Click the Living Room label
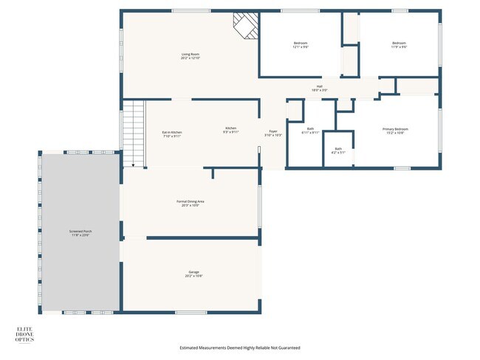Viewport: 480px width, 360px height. click(191, 56)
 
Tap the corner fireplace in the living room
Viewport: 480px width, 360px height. click(245, 25)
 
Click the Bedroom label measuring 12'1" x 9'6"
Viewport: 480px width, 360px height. click(300, 45)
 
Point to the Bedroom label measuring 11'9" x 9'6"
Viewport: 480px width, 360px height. click(400, 45)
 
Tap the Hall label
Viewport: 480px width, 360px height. click(320, 88)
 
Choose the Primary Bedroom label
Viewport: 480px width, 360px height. click(395, 131)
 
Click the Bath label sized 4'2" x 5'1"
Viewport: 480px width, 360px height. click(338, 150)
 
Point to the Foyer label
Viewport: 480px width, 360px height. click(273, 134)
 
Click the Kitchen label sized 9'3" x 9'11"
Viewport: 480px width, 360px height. click(231, 130)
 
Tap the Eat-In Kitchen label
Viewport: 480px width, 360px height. click(172, 134)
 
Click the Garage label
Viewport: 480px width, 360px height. click(193, 274)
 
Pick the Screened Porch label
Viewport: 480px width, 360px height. click(81, 233)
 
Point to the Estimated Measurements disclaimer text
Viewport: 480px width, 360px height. click(240, 347)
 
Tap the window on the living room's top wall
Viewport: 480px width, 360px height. click(185, 10)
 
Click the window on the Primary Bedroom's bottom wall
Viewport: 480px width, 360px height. click(402, 168)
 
